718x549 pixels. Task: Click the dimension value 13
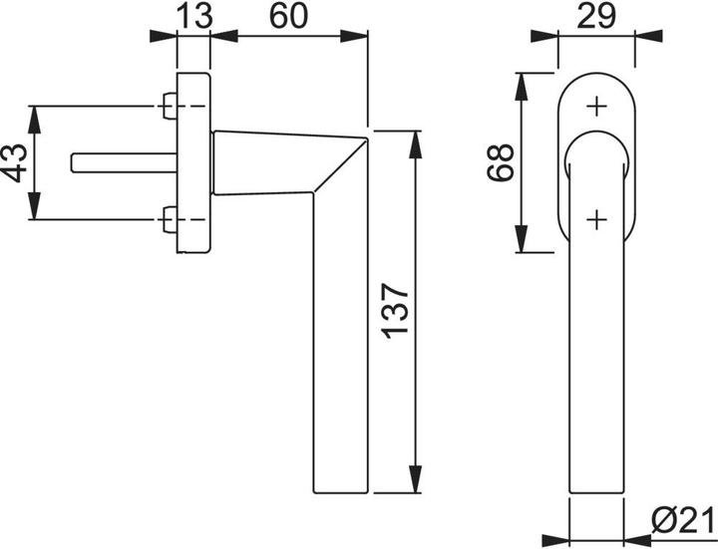pyautogui.click(x=192, y=16)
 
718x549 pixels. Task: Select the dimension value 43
pyautogui.click(x=14, y=162)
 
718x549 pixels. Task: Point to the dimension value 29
pyautogui.click(x=594, y=16)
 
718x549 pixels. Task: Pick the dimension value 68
pyautogui.click(x=501, y=162)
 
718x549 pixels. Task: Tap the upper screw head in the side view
pyautogui.click(x=169, y=104)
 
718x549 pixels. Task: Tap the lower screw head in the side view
pyautogui.click(x=169, y=218)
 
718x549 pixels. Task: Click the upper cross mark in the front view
pyautogui.click(x=596, y=104)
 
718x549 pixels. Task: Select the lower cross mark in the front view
pyautogui.click(x=596, y=219)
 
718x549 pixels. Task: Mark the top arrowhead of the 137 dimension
pyautogui.click(x=413, y=139)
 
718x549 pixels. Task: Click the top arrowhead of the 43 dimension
pyautogui.click(x=37, y=115)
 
